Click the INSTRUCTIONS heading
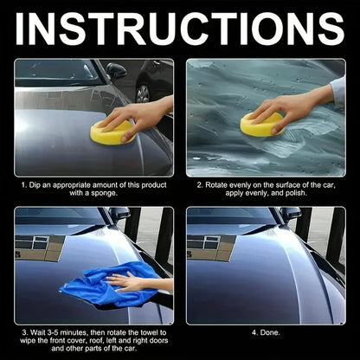pos(180,29)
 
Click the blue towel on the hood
pos(95,285)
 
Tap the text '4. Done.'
pos(265,331)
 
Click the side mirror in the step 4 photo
pos(292,214)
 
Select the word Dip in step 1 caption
pos(37,184)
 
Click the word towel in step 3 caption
pos(144,331)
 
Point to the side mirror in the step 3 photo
pos(120,214)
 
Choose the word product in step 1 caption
pos(149,184)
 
